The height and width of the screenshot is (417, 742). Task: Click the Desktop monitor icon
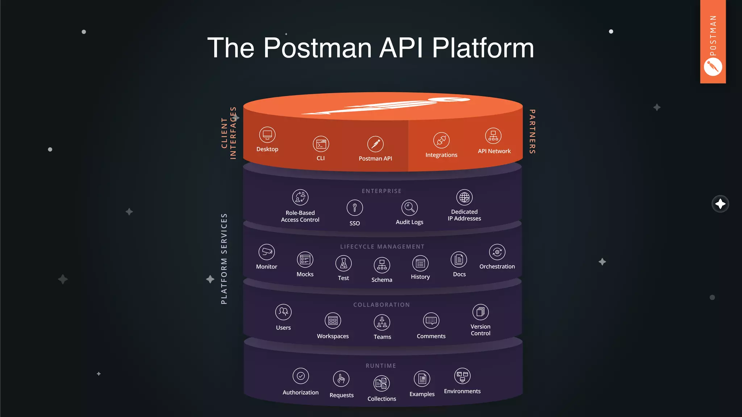pos(267,135)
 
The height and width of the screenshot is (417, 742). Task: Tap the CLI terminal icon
pos(321,144)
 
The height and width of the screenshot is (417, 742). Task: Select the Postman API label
pos(375,159)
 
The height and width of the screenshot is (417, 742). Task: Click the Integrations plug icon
pos(441,140)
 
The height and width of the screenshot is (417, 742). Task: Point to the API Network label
pos(494,151)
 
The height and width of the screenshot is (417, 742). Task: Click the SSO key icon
pos(355,208)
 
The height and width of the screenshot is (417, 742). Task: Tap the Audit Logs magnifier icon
pos(409,208)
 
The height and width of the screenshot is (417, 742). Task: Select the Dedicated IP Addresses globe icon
pos(464,198)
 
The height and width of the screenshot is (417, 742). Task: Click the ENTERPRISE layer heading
pos(382,191)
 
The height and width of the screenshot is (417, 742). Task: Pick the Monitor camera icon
pos(267,252)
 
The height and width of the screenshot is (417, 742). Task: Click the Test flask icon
pos(343,264)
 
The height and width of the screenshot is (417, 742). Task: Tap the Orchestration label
pos(497,266)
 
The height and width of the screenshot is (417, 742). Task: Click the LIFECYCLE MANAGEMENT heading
pos(382,247)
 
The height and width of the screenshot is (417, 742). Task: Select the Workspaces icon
pos(333,321)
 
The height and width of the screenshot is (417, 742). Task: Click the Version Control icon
pos(480,312)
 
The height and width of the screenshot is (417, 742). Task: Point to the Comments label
pos(431,336)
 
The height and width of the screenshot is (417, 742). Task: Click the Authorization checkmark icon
pos(301,376)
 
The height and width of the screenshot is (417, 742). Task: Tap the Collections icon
pos(382,383)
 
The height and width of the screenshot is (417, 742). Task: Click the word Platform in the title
pos(483,48)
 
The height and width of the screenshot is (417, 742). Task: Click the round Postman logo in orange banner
pos(713,67)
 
